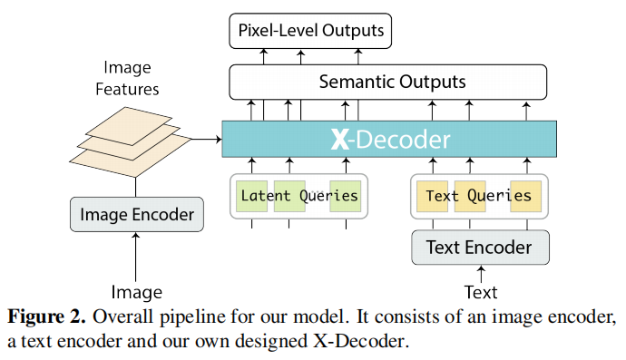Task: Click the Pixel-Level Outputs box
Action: (310, 32)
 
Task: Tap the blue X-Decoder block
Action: (389, 139)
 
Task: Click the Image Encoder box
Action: (137, 215)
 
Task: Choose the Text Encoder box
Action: (480, 247)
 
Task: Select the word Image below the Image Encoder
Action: (136, 292)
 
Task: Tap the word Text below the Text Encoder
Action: (481, 292)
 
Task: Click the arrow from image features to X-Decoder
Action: (207, 139)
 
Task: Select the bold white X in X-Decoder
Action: (338, 139)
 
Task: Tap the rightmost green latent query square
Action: (346, 196)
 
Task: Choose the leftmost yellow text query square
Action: (432, 196)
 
